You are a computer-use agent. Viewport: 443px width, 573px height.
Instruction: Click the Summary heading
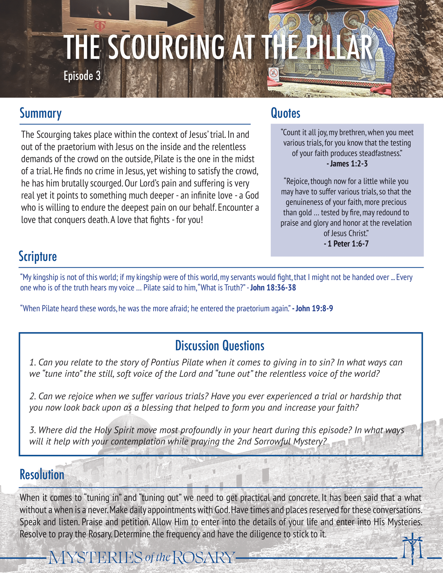(x=41, y=114)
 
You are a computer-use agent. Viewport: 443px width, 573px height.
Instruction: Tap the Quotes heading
(x=286, y=113)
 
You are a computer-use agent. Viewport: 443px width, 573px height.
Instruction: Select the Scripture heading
(x=38, y=256)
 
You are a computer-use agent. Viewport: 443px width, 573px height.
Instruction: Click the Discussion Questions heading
(x=220, y=346)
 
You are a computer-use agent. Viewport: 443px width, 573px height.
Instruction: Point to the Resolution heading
(x=42, y=475)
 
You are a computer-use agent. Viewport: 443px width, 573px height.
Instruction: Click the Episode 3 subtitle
(x=82, y=76)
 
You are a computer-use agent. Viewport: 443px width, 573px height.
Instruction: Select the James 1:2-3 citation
(x=347, y=164)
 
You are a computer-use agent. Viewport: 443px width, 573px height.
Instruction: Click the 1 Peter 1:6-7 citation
(x=346, y=244)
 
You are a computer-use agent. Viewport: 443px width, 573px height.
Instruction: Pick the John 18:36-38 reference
(x=273, y=288)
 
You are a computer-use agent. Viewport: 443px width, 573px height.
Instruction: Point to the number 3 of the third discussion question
(x=32, y=430)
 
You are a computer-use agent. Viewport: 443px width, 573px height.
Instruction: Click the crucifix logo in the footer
(x=412, y=548)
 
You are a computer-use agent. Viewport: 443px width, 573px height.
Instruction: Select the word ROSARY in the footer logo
(x=204, y=558)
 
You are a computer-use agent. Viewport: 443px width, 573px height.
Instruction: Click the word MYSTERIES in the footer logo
(x=96, y=558)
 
